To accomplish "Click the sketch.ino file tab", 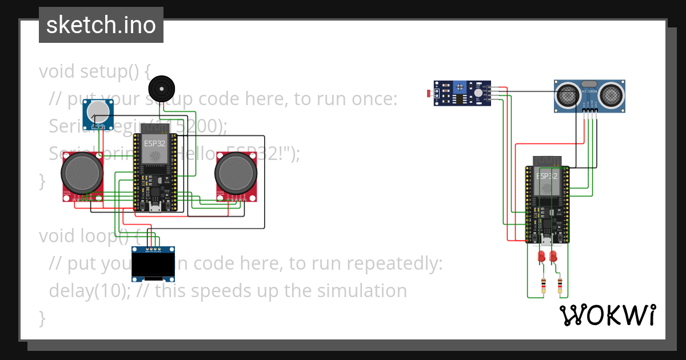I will (101, 25).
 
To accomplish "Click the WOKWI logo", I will (607, 315).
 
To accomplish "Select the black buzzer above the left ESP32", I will (159, 89).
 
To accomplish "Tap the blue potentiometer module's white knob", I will (99, 110).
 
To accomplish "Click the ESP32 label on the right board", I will (547, 176).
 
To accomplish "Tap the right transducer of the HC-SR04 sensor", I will (611, 94).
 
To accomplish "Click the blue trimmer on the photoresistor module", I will (458, 87).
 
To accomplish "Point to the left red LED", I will (541, 257).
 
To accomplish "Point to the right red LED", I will (553, 257).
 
